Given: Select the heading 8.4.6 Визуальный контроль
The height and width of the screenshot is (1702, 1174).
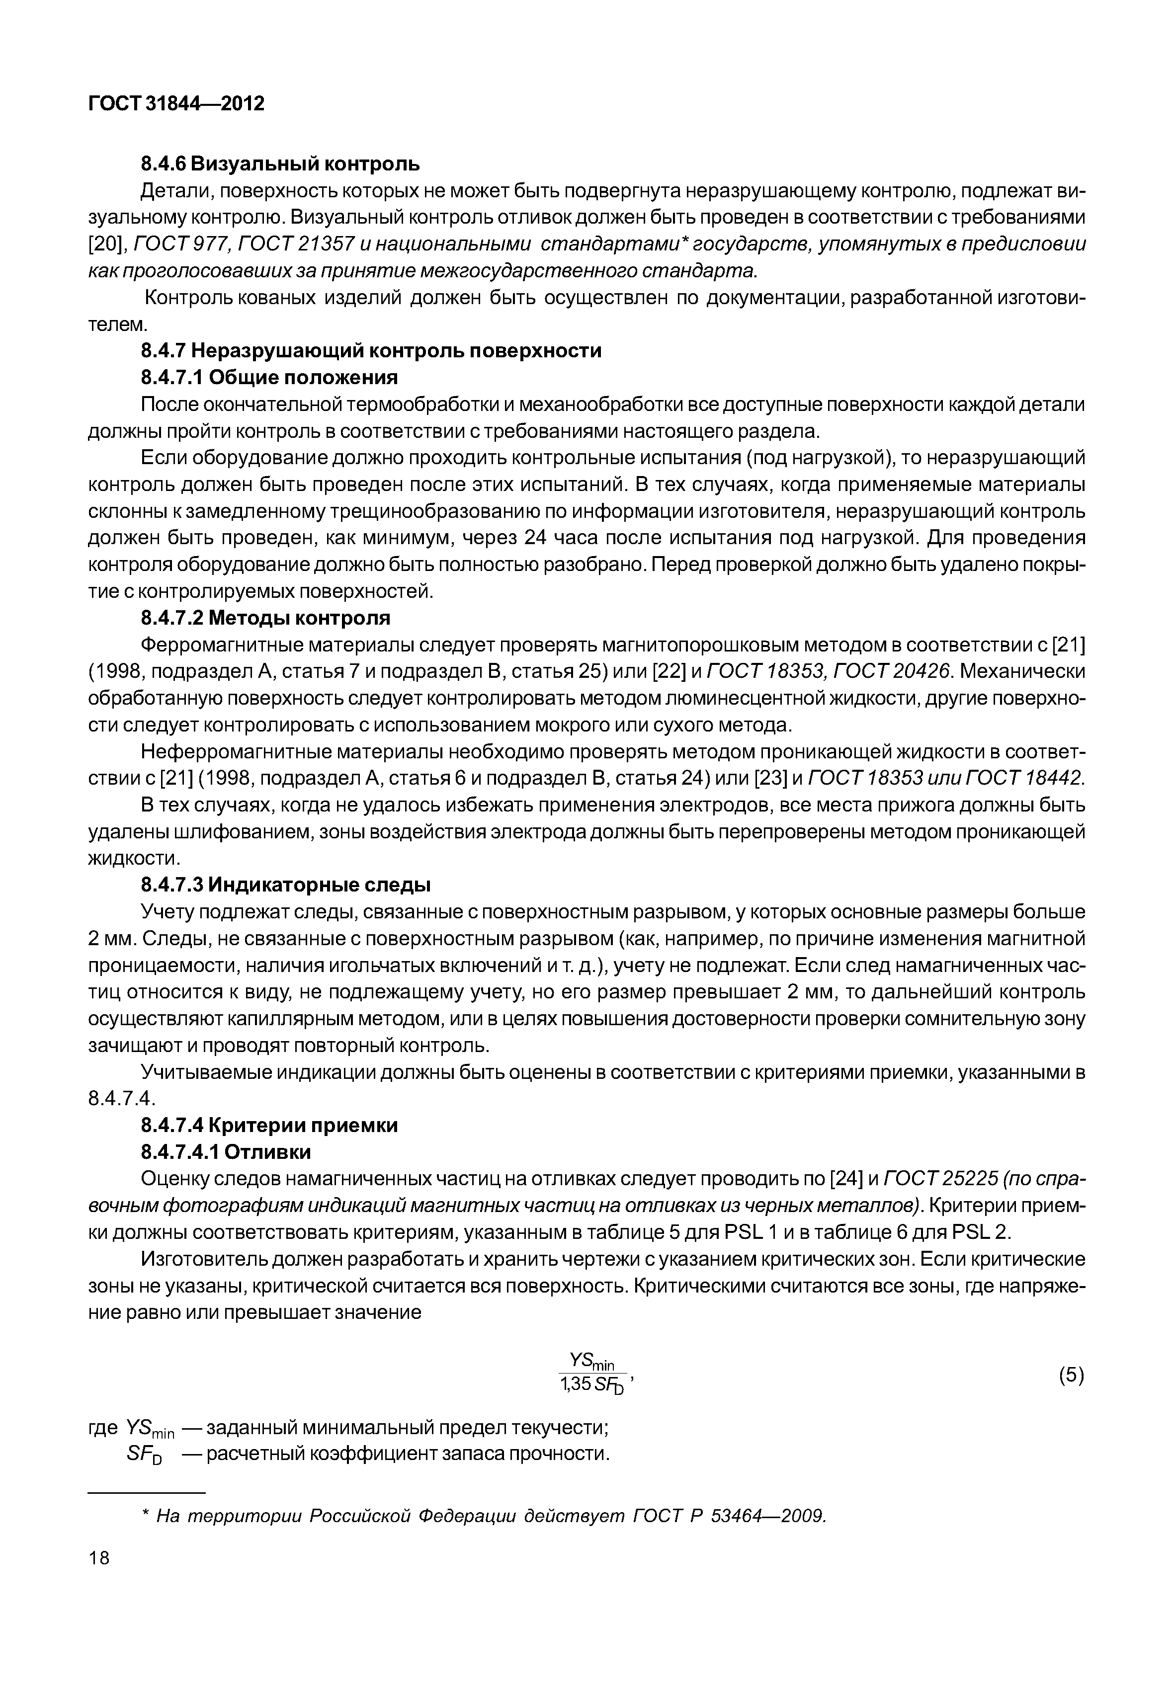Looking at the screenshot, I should (x=280, y=162).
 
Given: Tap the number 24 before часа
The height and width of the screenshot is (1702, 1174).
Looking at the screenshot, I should (x=541, y=538).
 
